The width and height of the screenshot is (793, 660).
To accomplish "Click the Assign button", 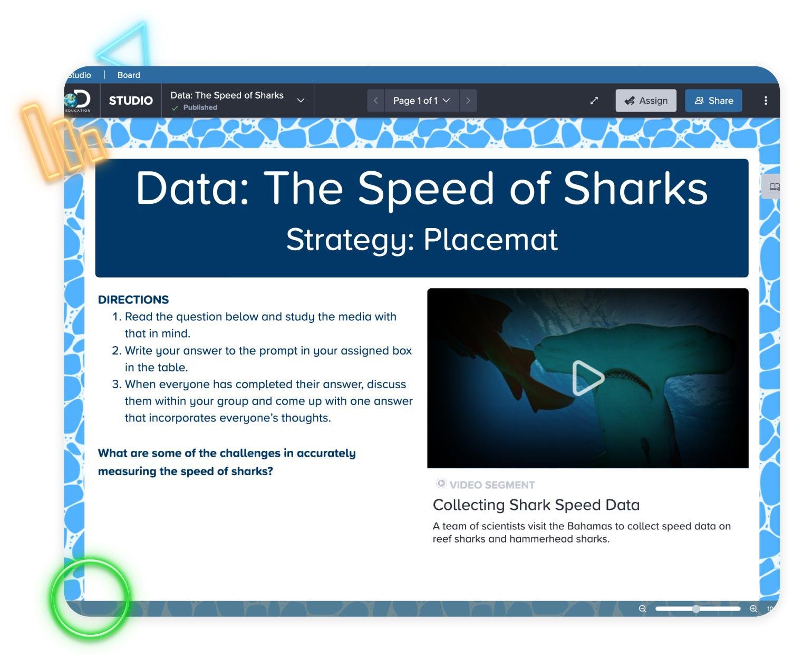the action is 646,101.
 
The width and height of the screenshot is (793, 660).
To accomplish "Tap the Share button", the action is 713,101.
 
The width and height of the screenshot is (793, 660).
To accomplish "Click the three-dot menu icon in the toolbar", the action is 766,101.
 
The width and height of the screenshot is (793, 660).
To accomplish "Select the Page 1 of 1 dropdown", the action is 422,101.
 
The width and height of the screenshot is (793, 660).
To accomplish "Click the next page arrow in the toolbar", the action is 468,101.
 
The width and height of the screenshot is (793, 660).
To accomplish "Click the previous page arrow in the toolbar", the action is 376,101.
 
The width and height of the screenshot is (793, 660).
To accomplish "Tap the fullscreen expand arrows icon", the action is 594,101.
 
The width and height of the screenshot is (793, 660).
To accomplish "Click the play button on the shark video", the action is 587,378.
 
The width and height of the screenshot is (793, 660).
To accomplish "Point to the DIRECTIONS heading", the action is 133,300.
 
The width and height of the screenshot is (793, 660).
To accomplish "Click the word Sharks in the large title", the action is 635,189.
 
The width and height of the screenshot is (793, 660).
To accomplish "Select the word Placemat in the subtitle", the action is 491,240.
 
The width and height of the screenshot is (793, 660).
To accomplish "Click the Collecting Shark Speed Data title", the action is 536,505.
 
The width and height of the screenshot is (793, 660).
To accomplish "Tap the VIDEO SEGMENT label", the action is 492,485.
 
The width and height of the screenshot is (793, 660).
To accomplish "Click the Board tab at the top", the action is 129,75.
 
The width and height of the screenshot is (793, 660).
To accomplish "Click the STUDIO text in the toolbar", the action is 131,101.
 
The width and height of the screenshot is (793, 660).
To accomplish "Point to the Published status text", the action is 200,107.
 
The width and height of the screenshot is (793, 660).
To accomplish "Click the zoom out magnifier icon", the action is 643,609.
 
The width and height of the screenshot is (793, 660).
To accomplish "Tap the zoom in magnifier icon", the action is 753,609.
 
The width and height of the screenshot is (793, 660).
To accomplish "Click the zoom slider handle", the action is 696,609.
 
